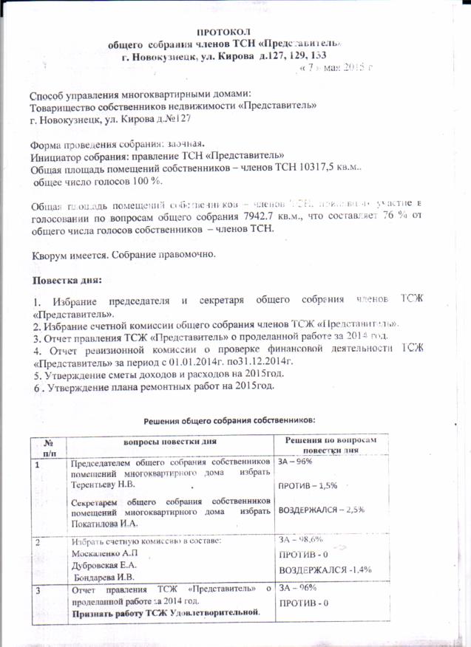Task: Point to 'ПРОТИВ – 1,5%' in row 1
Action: point(307,485)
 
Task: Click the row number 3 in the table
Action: point(38,589)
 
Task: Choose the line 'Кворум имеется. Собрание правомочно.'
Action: point(123,255)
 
